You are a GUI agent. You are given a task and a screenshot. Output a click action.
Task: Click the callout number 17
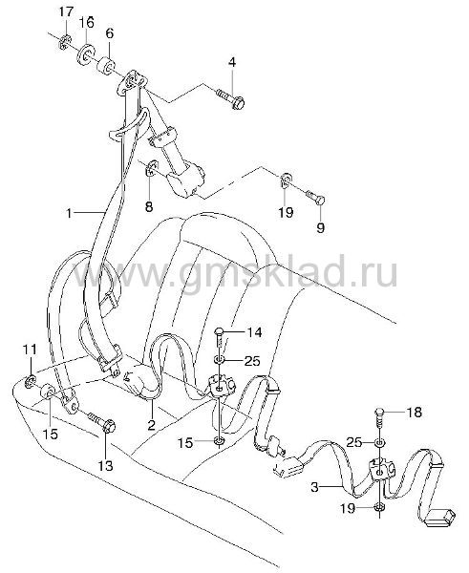point(67,12)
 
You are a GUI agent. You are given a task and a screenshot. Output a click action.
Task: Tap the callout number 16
point(87,22)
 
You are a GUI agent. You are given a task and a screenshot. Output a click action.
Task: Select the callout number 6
point(109,33)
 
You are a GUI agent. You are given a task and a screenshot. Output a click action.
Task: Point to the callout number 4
point(232,62)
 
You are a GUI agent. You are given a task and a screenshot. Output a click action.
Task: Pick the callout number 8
point(149,207)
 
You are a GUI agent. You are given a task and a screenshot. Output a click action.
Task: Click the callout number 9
point(321,228)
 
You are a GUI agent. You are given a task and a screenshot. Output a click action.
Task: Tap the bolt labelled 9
point(315,197)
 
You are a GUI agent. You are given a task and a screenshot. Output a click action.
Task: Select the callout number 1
point(69,213)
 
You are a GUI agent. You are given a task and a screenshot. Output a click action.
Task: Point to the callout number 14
point(254,332)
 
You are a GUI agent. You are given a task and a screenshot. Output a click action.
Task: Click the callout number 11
point(30,350)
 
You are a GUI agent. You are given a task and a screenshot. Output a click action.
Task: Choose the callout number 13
point(105,466)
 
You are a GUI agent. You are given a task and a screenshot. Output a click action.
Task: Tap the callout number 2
point(151,425)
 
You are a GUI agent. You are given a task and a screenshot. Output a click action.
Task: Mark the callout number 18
point(415,413)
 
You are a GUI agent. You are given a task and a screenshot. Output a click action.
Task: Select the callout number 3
point(315,487)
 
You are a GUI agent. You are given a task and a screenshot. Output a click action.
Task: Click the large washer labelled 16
point(85,54)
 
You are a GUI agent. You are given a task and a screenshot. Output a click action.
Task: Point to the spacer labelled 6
point(106,65)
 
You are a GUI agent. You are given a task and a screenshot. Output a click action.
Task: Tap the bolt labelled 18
point(379,419)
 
